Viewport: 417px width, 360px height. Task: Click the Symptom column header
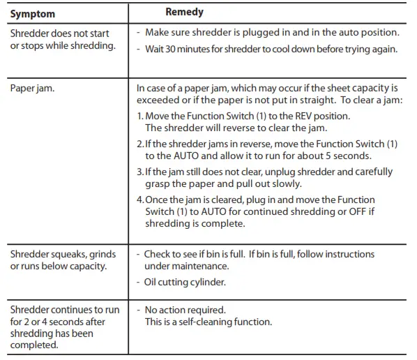coord(33,14)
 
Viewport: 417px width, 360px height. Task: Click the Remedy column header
coord(184,12)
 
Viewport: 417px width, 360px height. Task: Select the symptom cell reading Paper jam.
coord(33,89)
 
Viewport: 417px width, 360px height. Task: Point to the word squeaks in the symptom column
coord(69,254)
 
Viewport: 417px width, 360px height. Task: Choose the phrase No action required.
coord(185,310)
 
